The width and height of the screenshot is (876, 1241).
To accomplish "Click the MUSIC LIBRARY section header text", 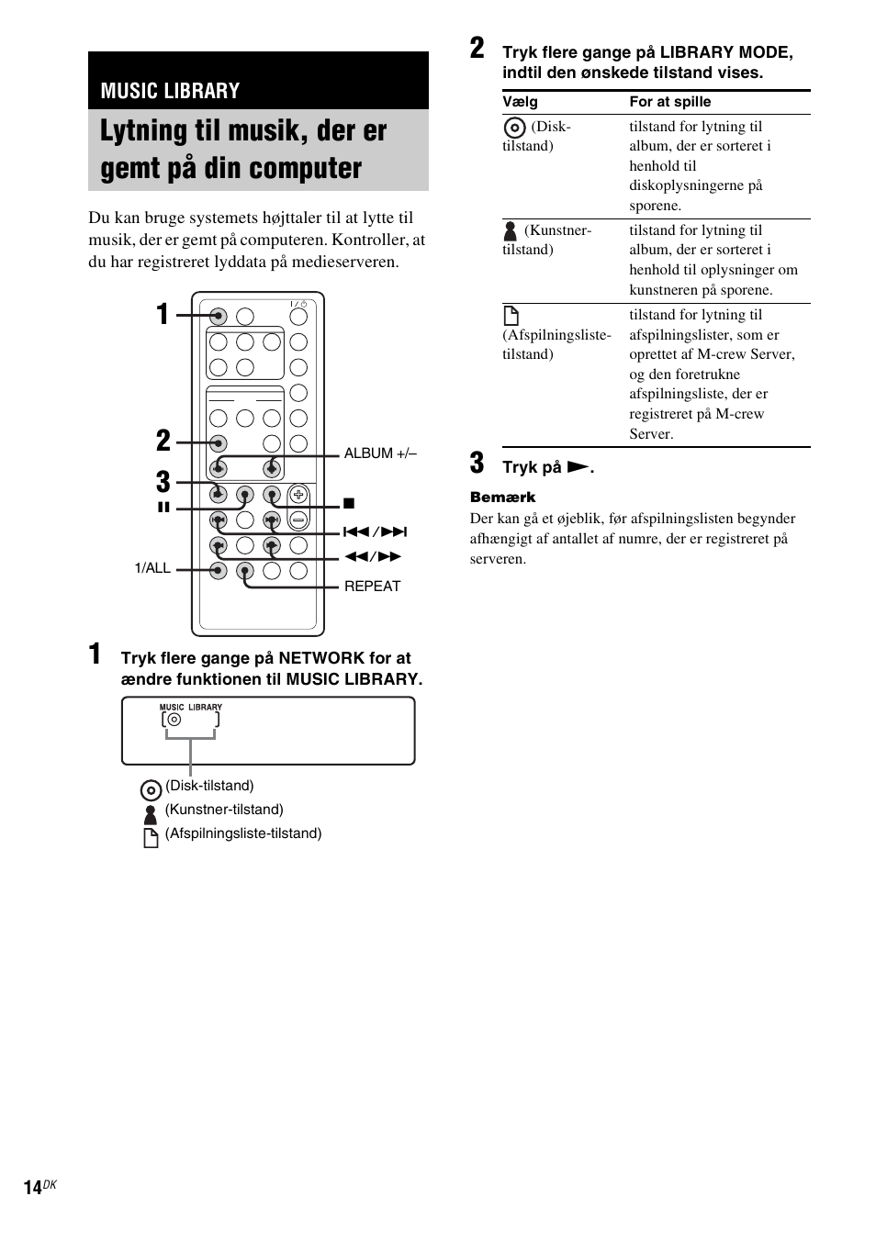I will click(x=170, y=90).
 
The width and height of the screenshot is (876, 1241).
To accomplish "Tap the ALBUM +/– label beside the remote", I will click(x=380, y=453).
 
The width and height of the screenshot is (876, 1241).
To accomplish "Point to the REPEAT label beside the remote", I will click(x=372, y=587).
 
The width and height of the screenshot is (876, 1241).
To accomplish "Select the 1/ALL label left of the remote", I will click(x=152, y=568).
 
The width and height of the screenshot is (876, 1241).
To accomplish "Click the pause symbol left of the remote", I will click(x=163, y=507).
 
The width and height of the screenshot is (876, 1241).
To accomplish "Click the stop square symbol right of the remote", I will click(x=349, y=504).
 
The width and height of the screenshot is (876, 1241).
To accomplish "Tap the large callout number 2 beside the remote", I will click(x=163, y=441).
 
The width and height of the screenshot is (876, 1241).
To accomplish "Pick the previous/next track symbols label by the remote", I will click(x=375, y=532).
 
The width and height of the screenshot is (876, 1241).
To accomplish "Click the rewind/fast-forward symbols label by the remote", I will click(x=373, y=556).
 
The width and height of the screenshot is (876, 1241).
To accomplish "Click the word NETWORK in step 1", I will click(x=321, y=658).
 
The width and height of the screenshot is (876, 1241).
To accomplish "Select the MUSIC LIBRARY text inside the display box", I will click(x=191, y=707).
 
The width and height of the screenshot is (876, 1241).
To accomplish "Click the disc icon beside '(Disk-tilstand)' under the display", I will click(x=152, y=790).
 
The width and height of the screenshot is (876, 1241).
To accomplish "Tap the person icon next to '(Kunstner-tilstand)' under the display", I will click(x=152, y=813).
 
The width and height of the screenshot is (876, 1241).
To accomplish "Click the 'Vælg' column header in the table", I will click(x=520, y=102).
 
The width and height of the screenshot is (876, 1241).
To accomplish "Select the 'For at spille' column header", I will click(x=669, y=102).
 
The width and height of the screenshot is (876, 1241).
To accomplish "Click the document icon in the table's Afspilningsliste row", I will click(x=511, y=317).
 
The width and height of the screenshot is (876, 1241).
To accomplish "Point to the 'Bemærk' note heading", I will click(x=502, y=498).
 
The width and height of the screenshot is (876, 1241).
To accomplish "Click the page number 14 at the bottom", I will click(x=32, y=1189).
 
